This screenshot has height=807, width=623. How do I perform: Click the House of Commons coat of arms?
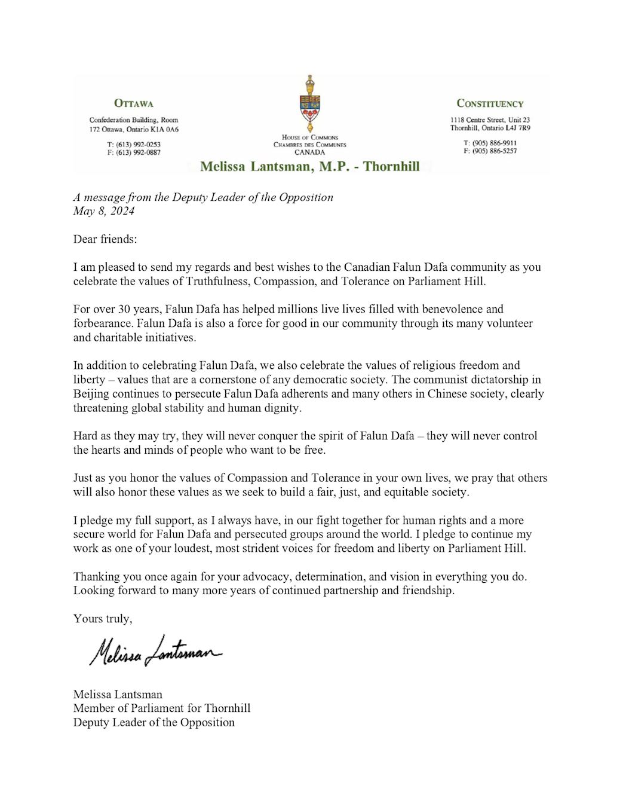(x=310, y=104)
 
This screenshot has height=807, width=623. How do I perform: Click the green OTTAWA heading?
(x=134, y=103)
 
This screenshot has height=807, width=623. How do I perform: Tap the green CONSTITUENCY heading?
(x=490, y=103)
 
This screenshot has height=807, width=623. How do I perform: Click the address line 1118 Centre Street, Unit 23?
(x=490, y=120)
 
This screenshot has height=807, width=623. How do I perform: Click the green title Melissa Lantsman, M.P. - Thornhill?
(x=310, y=166)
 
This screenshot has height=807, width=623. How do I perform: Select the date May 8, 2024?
(x=104, y=211)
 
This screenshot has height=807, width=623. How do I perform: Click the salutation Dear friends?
(x=105, y=239)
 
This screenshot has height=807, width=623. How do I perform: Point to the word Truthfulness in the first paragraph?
(x=217, y=281)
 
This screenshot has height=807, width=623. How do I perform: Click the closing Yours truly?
(x=103, y=619)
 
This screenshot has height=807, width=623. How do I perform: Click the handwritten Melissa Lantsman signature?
(x=155, y=650)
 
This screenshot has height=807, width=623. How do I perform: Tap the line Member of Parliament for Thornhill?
(x=162, y=708)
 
